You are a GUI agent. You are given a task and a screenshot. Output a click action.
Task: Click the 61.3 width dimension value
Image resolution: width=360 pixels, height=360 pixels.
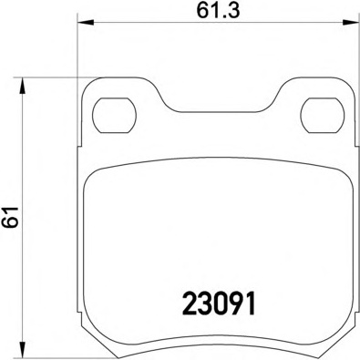[218, 11]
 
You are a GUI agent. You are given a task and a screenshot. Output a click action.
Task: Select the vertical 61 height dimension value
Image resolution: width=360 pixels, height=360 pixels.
[12, 217]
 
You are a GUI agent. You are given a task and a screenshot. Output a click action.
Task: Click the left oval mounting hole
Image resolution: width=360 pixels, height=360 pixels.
[114, 116]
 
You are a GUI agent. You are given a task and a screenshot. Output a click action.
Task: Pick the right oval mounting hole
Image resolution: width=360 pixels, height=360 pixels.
[323, 116]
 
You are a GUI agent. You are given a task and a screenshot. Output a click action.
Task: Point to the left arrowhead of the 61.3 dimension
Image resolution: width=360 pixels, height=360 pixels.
[86, 22]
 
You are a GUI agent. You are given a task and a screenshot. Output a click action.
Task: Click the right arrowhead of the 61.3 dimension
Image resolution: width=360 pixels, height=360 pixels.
[351, 22]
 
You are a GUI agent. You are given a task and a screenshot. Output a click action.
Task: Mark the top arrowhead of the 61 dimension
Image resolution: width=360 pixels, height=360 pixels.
[22, 85]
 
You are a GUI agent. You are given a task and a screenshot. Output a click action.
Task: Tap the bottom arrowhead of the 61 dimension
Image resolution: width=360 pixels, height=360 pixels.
[22, 348]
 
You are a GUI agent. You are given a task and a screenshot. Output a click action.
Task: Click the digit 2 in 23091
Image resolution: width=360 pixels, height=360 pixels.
[190, 303]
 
